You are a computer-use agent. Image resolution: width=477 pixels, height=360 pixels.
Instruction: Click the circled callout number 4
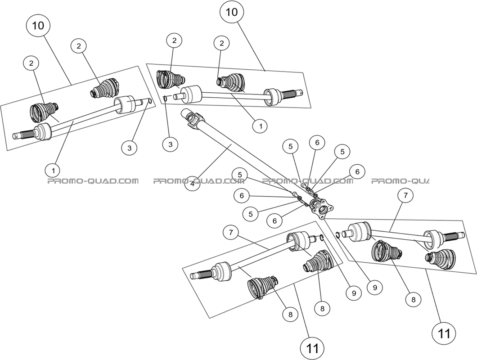(x=192, y=184)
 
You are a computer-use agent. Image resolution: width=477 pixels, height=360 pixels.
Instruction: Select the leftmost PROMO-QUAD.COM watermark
(x=93, y=181)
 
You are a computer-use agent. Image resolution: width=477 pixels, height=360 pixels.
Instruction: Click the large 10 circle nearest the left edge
(x=39, y=26)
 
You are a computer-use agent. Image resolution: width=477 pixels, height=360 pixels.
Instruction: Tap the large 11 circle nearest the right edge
(x=444, y=333)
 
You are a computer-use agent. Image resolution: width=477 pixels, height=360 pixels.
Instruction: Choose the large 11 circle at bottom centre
(x=313, y=348)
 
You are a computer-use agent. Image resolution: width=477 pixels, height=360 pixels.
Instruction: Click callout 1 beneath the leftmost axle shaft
(x=53, y=171)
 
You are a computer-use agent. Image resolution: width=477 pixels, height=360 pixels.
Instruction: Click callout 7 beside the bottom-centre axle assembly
(x=231, y=233)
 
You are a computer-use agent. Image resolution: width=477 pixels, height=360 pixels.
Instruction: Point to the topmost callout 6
(x=317, y=143)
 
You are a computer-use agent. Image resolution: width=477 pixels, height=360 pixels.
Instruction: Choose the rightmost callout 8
(x=413, y=298)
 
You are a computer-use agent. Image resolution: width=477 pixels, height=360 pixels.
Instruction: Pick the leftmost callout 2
(x=31, y=64)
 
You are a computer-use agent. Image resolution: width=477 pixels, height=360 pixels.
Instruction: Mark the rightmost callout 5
(x=342, y=152)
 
